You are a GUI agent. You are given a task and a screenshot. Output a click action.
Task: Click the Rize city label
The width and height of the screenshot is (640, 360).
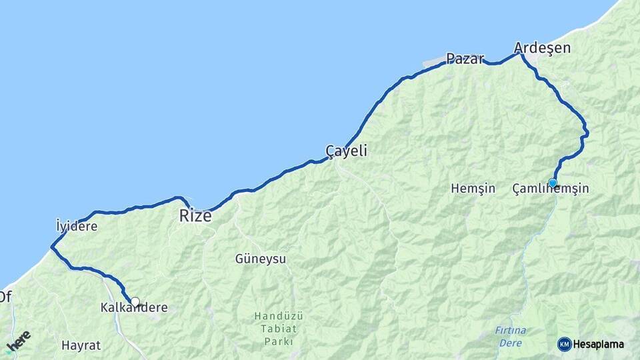tap(195, 216)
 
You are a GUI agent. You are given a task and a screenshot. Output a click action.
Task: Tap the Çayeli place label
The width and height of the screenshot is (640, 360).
tap(346, 151)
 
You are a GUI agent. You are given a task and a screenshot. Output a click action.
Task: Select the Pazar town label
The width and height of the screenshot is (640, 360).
tap(465, 58)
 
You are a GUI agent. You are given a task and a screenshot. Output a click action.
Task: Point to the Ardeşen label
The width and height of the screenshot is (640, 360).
tap(542, 47)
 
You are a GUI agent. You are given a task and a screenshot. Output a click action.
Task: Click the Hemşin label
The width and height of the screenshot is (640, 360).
tap(473, 189)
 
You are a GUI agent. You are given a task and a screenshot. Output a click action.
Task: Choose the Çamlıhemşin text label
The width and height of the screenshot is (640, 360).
tap(551, 189)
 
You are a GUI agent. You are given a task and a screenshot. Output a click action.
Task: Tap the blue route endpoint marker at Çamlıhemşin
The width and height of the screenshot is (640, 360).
tap(553, 183)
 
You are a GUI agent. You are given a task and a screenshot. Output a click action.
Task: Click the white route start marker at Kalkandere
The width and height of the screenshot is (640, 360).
tap(135, 302)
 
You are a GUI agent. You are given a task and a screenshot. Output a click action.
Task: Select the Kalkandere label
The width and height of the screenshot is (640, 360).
tap(133, 308)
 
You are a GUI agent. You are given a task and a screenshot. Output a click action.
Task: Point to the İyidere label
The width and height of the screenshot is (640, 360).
tap(77, 226)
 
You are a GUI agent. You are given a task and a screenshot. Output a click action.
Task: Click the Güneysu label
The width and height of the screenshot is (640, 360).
tap(261, 259)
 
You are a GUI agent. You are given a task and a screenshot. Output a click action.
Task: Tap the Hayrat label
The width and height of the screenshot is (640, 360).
tap(81, 345)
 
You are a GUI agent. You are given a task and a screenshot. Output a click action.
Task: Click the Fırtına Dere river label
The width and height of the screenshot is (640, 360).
tap(511, 337)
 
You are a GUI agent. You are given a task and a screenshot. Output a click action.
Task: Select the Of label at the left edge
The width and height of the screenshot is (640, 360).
tap(5, 295)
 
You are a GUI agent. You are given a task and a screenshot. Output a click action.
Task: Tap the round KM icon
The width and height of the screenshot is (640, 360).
tap(565, 344)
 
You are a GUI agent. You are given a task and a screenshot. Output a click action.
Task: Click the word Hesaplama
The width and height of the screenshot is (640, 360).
tap(598, 345)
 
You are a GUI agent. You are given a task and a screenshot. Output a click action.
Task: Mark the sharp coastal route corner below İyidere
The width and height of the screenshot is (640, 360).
tap(51, 247)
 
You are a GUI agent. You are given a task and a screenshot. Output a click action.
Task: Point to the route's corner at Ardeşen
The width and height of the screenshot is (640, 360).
tap(521, 53)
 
